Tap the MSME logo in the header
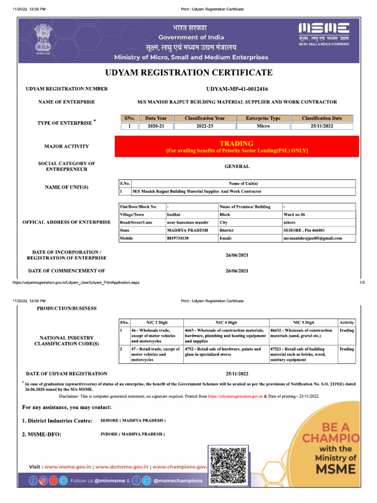tap(324, 34)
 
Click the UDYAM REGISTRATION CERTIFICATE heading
tap(188, 73)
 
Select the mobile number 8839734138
tap(178, 238)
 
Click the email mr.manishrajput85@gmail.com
tap(313, 238)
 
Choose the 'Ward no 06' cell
tap(295, 215)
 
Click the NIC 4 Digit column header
tap(226, 322)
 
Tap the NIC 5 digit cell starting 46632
tap(301, 333)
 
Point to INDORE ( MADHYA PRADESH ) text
tap(133, 434)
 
